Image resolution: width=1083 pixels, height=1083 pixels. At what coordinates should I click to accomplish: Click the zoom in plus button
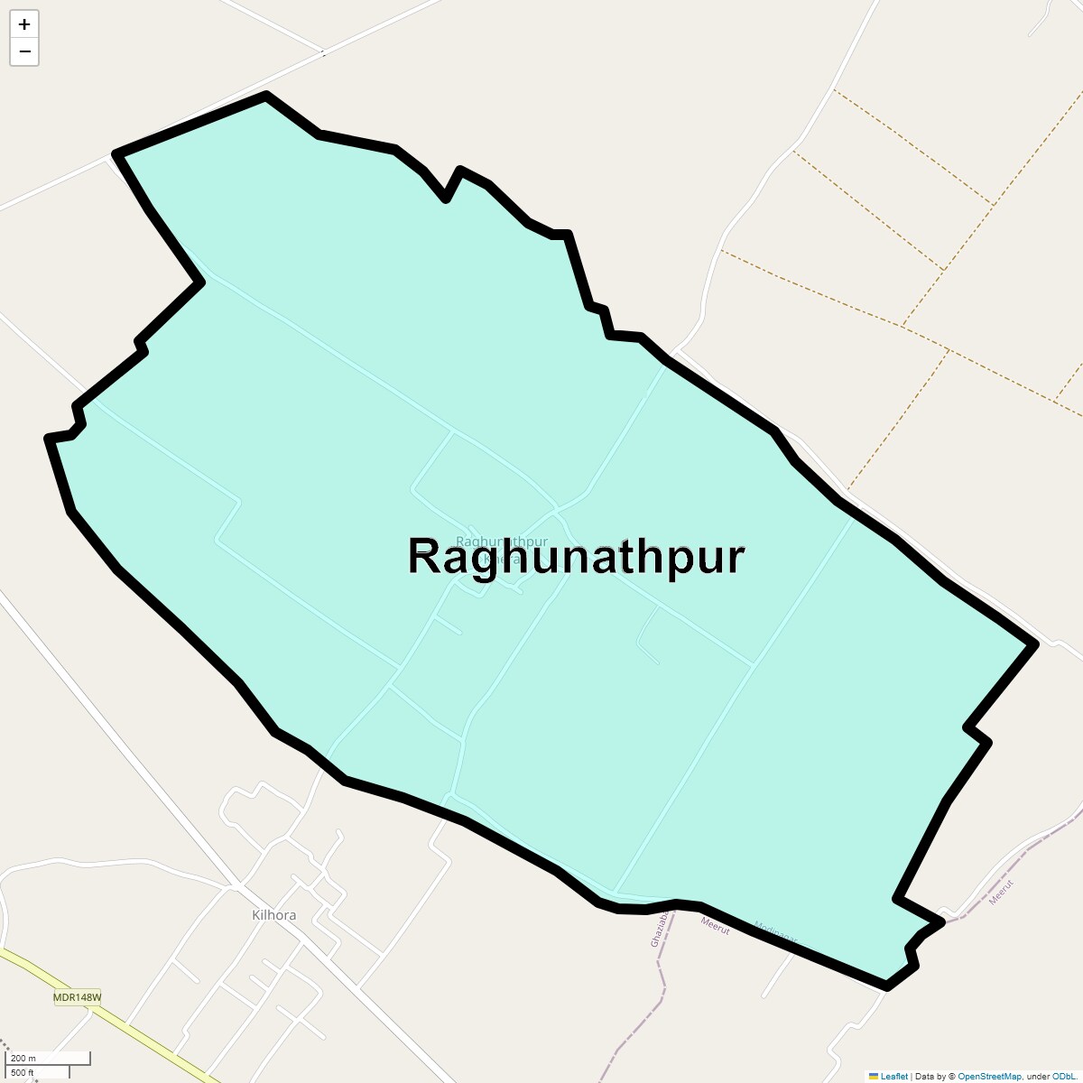(24, 24)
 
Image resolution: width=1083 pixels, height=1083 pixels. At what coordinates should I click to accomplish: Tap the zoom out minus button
(24, 51)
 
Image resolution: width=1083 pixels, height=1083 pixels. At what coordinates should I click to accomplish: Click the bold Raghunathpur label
(576, 556)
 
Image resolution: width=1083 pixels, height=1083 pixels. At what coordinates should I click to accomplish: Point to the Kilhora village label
(273, 915)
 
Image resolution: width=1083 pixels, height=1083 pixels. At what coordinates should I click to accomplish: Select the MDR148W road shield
(78, 997)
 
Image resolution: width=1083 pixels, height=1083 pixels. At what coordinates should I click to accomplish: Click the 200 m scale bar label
(23, 1059)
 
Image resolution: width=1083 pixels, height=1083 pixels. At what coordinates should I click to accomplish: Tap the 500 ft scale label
(23, 1072)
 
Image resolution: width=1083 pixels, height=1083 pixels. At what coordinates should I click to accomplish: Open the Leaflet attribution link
(894, 1076)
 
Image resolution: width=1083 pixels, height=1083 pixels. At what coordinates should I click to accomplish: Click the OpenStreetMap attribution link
(989, 1076)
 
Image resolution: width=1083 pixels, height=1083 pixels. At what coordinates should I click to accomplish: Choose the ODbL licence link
(1061, 1076)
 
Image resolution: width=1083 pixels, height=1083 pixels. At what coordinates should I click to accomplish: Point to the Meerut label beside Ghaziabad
(715, 925)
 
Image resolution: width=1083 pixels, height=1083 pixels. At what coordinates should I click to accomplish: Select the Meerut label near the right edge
(1002, 893)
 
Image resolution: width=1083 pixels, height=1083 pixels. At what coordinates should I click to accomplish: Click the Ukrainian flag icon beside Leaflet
(873, 1076)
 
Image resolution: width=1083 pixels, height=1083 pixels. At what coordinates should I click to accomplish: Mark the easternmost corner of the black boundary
(1034, 643)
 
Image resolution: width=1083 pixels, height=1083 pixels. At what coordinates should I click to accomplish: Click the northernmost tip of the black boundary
(266, 94)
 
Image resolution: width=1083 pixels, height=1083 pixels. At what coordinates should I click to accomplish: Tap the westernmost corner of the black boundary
(49, 439)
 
